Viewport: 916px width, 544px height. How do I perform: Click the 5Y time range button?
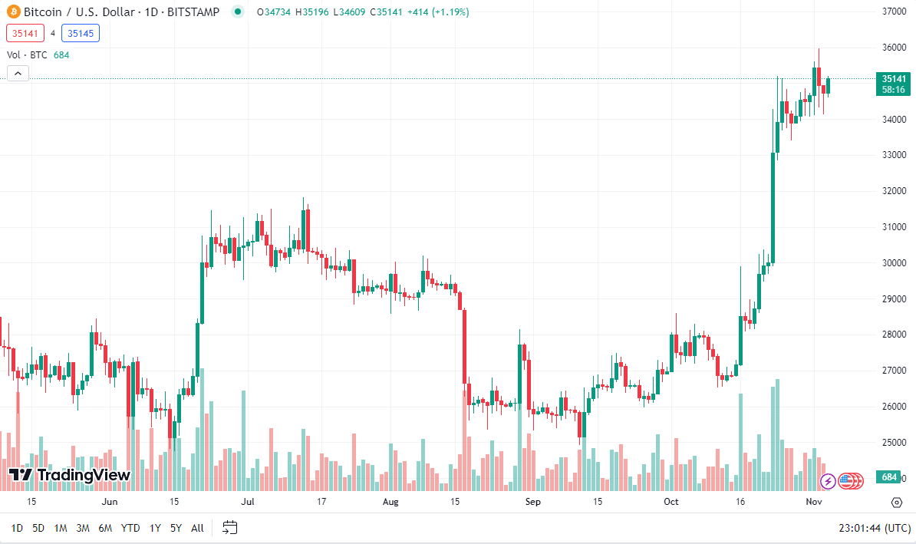tap(176, 528)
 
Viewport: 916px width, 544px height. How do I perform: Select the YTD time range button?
tap(130, 528)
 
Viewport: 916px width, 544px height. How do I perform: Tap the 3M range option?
tap(83, 528)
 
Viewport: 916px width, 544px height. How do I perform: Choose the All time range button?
tap(197, 528)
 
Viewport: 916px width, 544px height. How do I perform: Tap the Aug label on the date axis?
tap(390, 503)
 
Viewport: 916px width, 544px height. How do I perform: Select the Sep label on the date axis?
tap(533, 503)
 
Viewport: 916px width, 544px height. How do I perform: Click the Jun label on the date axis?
tap(110, 503)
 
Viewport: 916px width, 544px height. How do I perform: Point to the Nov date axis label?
tap(814, 503)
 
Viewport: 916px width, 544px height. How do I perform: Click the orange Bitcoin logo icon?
tap(14, 12)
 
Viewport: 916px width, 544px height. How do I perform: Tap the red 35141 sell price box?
tap(24, 33)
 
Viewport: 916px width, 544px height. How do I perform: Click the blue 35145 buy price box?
tap(81, 33)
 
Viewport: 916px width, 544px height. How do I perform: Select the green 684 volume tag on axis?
tap(889, 477)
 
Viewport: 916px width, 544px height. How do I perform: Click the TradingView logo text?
tap(70, 475)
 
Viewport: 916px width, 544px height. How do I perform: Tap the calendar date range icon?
tap(229, 527)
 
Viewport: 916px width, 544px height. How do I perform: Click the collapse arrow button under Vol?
tap(18, 74)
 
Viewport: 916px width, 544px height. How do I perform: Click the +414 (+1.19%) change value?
tap(440, 12)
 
